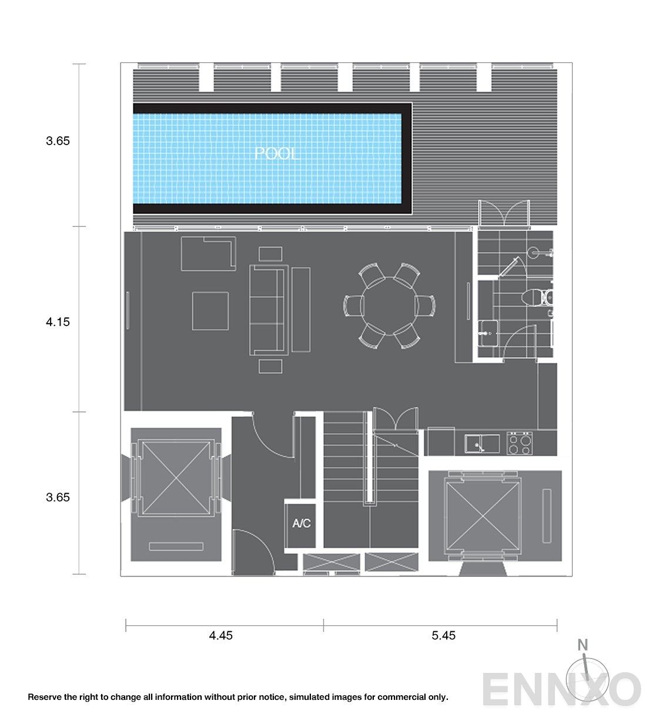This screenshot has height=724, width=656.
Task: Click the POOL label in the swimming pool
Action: (x=277, y=154)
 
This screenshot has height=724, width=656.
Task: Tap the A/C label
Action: (x=302, y=523)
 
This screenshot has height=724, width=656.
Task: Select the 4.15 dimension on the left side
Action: (x=58, y=321)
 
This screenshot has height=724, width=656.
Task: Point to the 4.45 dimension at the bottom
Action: (x=221, y=635)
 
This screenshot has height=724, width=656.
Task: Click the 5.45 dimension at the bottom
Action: (x=444, y=635)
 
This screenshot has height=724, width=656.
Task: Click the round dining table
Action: (x=390, y=306)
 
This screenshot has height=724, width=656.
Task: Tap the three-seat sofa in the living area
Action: (x=269, y=310)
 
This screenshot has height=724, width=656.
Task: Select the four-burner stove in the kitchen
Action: (x=519, y=443)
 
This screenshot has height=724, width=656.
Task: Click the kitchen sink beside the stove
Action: (x=483, y=444)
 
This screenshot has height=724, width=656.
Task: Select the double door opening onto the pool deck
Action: (x=504, y=213)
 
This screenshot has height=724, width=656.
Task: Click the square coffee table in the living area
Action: (x=210, y=311)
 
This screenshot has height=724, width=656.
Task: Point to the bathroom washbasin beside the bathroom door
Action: (x=488, y=333)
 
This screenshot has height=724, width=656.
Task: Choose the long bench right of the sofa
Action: (x=301, y=309)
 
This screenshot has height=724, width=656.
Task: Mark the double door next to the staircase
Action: (x=396, y=420)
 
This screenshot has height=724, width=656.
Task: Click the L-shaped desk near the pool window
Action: (x=209, y=253)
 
